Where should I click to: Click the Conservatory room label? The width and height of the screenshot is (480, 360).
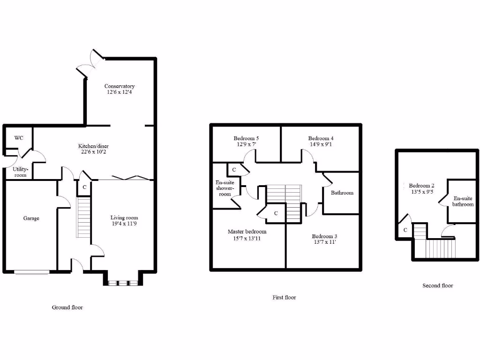tap(120, 86)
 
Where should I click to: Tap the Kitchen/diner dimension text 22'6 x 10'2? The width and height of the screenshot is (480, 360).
tap(94, 152)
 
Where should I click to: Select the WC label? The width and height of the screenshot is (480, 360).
tap(19, 138)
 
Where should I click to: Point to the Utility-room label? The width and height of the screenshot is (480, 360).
tap(20, 172)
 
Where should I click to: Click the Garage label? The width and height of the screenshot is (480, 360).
tap(31, 218)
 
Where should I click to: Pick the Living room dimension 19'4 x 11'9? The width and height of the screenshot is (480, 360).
tap(124, 224)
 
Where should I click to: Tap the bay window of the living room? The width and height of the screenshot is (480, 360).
tap(121, 283)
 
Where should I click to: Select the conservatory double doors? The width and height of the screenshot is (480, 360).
tap(90, 63)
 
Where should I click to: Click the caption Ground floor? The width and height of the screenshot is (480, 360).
tap(67, 307)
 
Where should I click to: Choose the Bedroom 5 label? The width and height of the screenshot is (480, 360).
tap(246, 138)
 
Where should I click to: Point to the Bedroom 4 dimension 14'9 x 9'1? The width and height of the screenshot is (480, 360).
tap(321, 144)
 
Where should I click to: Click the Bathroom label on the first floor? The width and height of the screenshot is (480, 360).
tap(342, 193)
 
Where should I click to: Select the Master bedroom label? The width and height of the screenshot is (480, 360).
tap(247, 232)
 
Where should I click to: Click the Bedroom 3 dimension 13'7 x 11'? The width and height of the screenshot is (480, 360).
tap(324, 242)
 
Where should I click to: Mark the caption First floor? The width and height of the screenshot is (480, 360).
tap(284, 297)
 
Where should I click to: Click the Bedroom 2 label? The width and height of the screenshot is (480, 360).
tap(421, 185)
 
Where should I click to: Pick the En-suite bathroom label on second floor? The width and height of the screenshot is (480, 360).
tap(463, 201)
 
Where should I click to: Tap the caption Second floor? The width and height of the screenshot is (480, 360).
tap(438, 285)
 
